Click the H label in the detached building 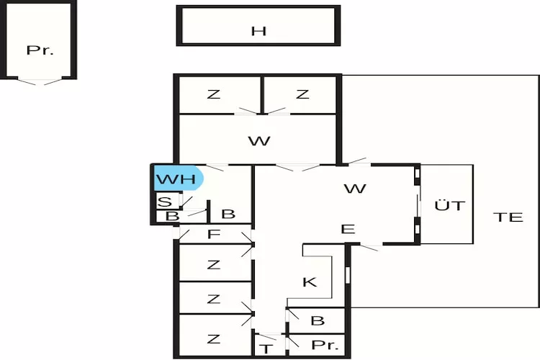258,30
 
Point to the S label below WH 165,202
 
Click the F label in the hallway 213,235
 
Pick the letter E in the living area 348,230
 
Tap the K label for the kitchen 310,282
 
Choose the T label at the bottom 266,348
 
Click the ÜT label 449,205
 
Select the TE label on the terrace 508,217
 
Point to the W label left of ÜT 355,189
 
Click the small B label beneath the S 171,215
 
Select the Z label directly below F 213,264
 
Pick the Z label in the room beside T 213,338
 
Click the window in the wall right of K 348,275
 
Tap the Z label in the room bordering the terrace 302,94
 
